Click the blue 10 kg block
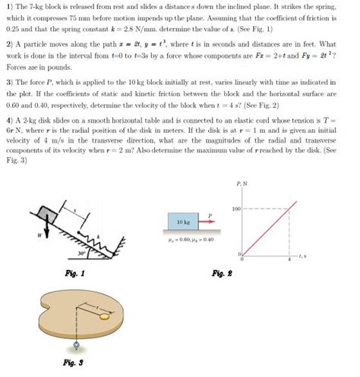click(183, 221)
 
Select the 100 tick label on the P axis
click(235, 208)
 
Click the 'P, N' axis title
click(241, 184)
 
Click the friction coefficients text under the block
click(183, 240)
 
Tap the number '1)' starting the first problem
click(9, 6)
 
